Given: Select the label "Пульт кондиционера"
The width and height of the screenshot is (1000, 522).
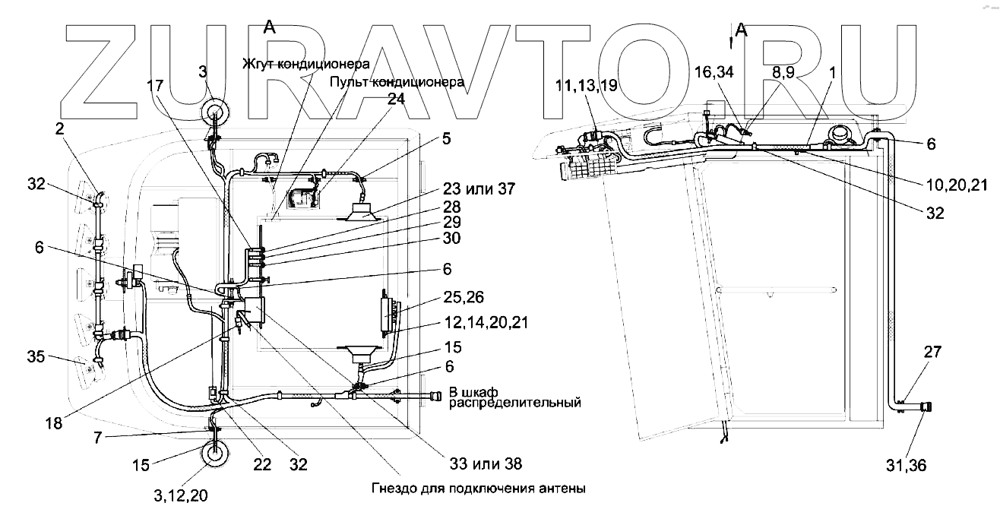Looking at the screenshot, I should (x=397, y=82).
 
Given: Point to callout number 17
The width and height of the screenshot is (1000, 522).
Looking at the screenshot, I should (x=155, y=87).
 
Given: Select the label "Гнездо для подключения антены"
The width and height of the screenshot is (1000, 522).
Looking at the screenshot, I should (x=479, y=489).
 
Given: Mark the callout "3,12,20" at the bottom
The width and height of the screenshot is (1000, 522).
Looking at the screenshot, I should (x=179, y=495).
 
